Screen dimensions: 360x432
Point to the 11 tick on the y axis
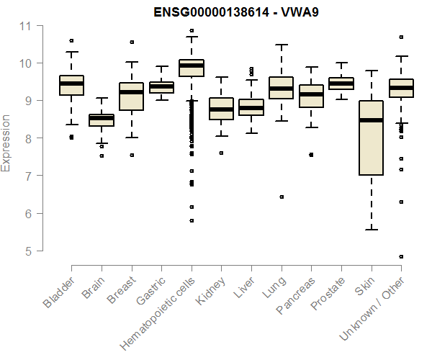click(27, 26)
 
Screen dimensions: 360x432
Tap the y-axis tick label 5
click(27, 251)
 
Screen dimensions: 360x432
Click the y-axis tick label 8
click(27, 138)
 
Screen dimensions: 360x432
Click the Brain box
click(102, 120)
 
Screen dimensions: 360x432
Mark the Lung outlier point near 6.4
click(282, 197)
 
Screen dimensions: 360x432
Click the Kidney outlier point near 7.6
click(221, 153)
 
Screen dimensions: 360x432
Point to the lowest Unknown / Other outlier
click(401, 256)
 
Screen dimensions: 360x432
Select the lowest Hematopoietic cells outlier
click(192, 220)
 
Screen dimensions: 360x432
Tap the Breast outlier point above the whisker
click(132, 42)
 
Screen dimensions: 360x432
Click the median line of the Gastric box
click(161, 86)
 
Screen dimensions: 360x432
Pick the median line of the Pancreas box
click(311, 94)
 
